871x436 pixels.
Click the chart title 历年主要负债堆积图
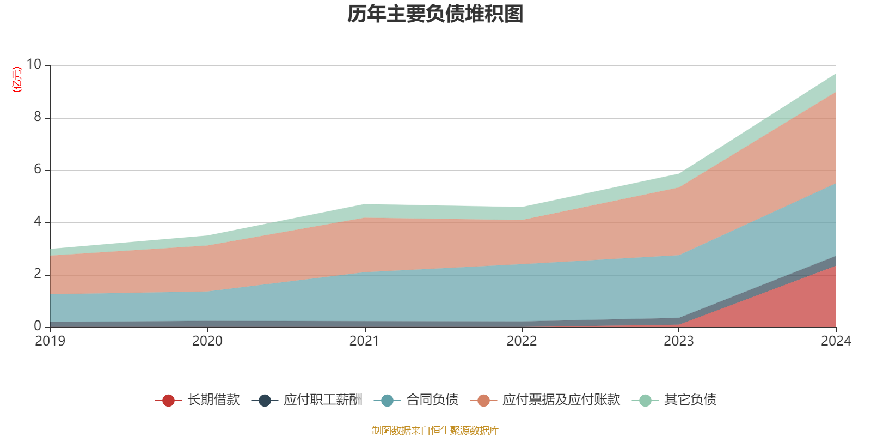point(436,14)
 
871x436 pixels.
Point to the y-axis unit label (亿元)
point(17,80)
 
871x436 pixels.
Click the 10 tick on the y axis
point(34,64)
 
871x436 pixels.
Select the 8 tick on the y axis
point(38,117)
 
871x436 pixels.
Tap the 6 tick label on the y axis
point(38,169)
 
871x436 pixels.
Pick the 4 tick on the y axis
point(38,221)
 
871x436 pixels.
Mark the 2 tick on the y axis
point(38,274)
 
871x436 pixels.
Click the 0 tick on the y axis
point(38,326)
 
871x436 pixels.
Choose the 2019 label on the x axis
point(50,341)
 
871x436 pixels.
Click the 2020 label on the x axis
point(207,341)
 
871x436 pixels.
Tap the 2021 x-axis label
point(364,341)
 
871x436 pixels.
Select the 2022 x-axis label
point(522,341)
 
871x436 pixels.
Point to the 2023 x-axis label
point(678,341)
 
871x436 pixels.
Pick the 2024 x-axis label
point(836,341)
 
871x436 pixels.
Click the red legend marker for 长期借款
point(168,401)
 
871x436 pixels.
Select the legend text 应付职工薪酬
point(323,400)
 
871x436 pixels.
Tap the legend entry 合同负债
point(432,400)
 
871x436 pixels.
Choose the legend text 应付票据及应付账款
point(561,400)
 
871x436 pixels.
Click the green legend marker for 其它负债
point(645,401)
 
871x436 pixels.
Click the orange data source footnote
point(436,431)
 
